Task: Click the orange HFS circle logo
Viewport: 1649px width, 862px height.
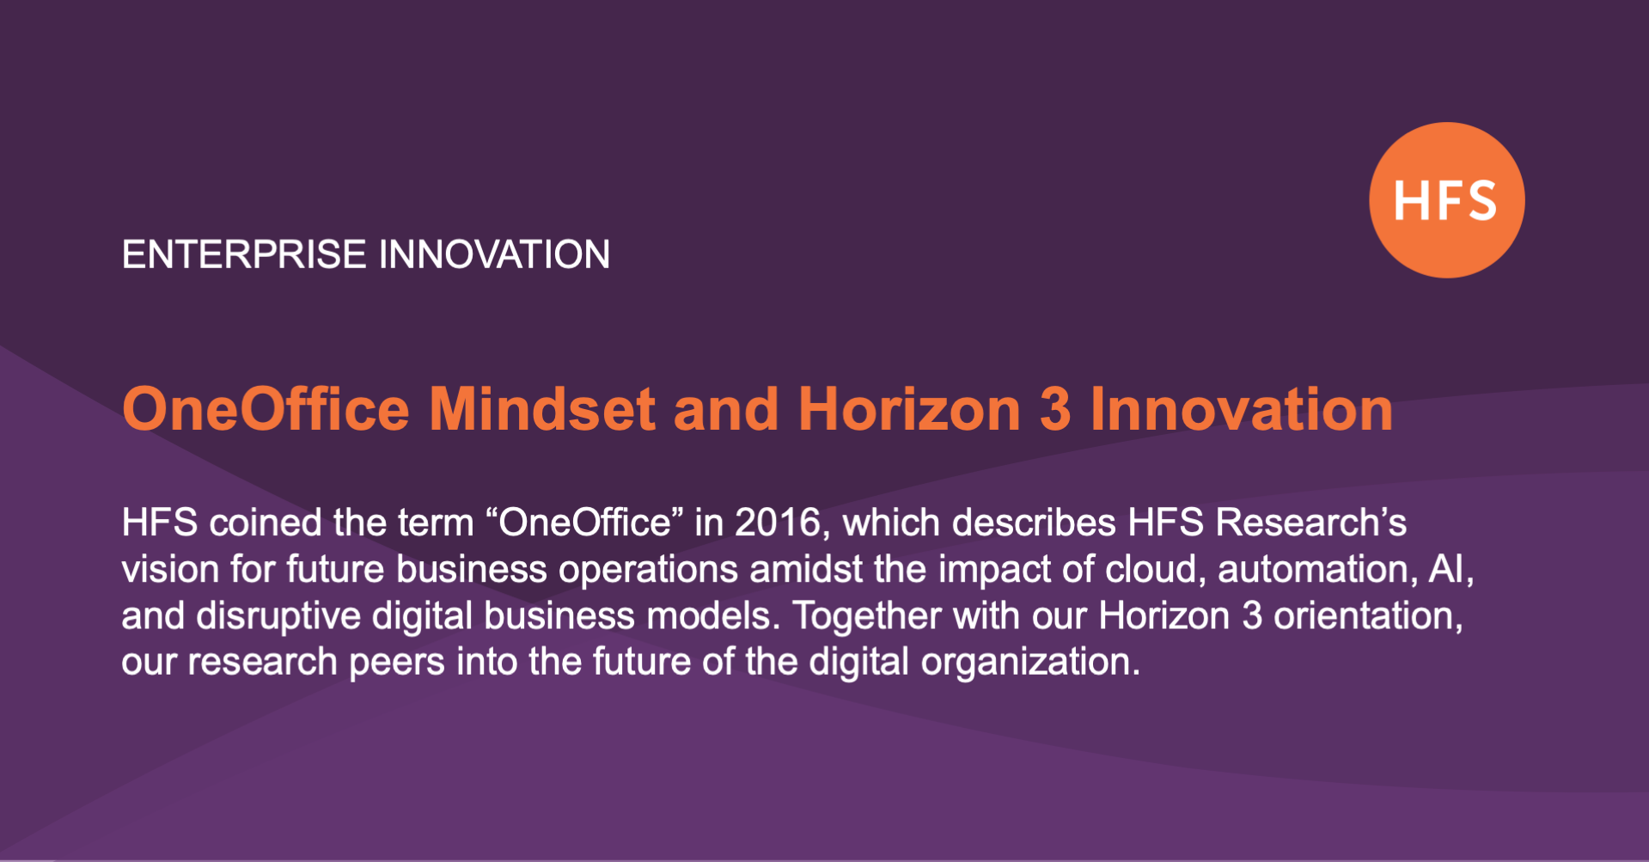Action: [1446, 200]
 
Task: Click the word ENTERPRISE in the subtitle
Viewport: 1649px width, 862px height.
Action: [244, 254]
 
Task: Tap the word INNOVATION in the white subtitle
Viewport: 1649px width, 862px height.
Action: [494, 254]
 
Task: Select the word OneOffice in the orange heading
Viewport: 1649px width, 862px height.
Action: [266, 409]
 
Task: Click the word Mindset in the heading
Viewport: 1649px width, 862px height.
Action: [542, 409]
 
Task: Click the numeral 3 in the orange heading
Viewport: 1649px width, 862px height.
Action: [1055, 409]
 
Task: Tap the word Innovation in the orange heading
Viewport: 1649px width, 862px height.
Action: [1242, 409]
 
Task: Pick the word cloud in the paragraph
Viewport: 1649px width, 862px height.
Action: [1151, 569]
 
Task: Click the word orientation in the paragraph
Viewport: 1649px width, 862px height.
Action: [1367, 616]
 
